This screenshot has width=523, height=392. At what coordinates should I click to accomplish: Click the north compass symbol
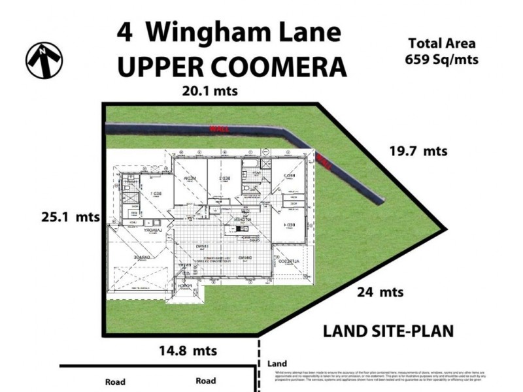click(x=44, y=61)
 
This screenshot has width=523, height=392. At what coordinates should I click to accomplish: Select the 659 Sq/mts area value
click(x=442, y=59)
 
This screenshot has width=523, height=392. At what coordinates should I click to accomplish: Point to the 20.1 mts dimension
click(x=209, y=91)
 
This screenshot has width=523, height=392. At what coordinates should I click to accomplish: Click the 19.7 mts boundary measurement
click(x=418, y=151)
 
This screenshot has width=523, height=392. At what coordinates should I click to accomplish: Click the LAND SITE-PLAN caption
click(x=388, y=331)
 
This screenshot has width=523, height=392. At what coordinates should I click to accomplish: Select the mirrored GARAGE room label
click(x=140, y=258)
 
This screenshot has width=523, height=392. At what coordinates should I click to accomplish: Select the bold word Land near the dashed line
click(x=278, y=363)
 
